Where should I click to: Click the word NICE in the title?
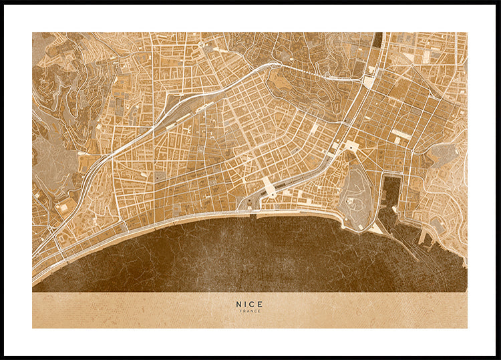tap(249, 304)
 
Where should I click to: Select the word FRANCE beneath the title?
tap(249, 311)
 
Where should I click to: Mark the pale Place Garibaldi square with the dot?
tap(350, 146)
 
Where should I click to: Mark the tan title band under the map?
tap(134, 311)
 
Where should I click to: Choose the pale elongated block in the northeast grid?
tap(401, 134)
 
